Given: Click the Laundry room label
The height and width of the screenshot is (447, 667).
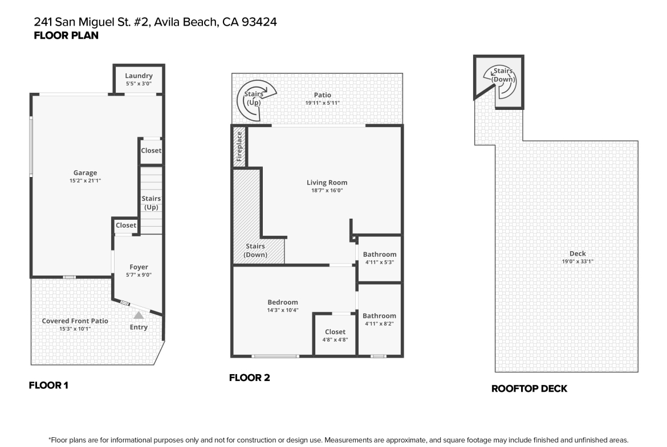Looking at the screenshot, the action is [139, 76].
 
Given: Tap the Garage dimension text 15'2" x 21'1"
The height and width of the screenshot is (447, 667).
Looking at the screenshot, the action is [85, 181].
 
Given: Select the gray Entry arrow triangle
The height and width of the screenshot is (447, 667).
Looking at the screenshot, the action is [139, 315].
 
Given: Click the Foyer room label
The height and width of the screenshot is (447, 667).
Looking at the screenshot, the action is [139, 267].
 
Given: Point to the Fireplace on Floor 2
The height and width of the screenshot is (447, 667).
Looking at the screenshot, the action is [239, 146].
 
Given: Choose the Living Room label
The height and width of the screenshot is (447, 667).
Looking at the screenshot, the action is [327, 182].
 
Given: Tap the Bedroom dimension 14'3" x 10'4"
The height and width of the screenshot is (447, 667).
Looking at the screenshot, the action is [283, 310].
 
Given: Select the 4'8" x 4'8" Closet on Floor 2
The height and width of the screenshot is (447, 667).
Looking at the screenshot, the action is [335, 335].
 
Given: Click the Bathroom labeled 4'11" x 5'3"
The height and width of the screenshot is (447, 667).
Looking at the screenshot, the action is [380, 258].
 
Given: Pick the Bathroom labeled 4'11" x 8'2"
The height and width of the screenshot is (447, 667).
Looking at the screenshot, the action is [380, 319].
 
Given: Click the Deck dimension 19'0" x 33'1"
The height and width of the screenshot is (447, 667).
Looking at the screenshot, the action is [577, 262].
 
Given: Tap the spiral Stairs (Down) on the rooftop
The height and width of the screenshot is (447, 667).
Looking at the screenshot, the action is [501, 82].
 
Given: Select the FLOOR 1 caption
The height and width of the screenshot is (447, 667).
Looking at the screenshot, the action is [48, 386].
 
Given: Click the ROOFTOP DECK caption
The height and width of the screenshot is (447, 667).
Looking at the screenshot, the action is [529, 388].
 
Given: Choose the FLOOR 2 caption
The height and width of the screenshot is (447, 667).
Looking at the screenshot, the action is [250, 378].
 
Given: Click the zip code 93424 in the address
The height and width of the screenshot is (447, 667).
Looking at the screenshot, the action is [259, 22].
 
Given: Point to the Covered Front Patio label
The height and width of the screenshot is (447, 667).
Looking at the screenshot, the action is [75, 321].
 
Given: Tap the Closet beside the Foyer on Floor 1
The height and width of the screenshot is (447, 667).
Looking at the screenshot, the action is [126, 225].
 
